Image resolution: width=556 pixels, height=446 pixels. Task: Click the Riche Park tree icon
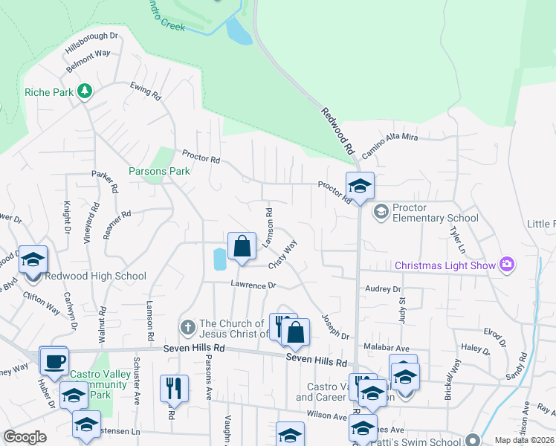pyautogui.click(x=85, y=91)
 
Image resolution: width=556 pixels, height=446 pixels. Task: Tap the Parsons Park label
pyautogui.click(x=159, y=171)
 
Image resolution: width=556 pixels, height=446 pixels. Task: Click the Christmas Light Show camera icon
pyautogui.click(x=508, y=265)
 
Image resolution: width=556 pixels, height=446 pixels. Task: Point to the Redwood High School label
pyautogui.click(x=95, y=277)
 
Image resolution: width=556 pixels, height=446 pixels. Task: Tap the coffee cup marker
pyautogui.click(x=53, y=362)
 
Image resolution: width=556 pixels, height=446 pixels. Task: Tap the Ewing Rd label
pyautogui.click(x=146, y=91)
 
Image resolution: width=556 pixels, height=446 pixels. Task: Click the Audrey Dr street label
pyautogui.click(x=382, y=289)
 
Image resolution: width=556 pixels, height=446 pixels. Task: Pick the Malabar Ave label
pyautogui.click(x=387, y=348)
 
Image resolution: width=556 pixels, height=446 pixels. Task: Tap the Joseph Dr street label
pyautogui.click(x=335, y=325)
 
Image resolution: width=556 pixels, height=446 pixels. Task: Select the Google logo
pyautogui.click(x=25, y=437)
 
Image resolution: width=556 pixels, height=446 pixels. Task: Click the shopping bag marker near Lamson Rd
pyautogui.click(x=242, y=246)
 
